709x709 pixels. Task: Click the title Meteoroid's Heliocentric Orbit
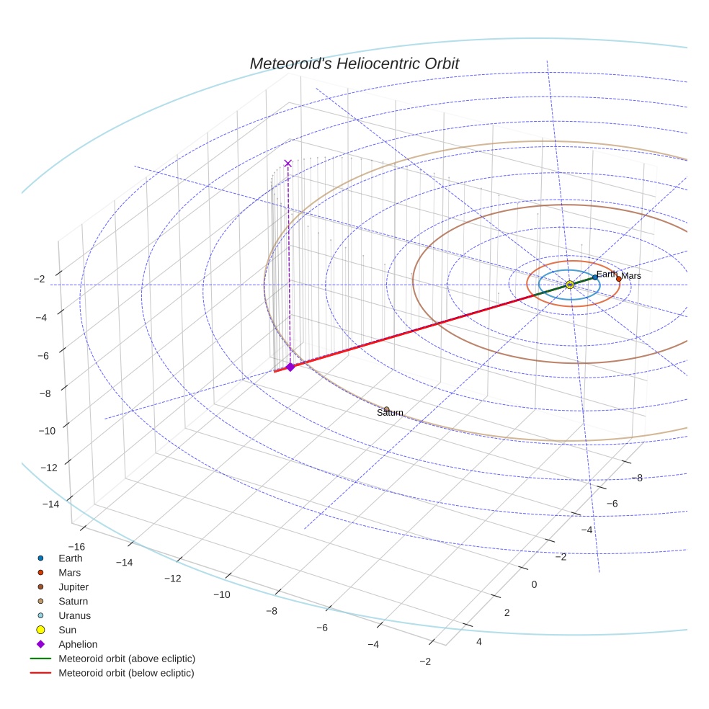354,63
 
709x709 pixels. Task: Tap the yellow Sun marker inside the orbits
569,285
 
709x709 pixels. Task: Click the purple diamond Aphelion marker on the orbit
290,367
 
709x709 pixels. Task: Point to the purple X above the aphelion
288,164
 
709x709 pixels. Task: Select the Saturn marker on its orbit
387,409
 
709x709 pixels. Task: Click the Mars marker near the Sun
618,279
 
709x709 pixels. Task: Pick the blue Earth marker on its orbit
594,277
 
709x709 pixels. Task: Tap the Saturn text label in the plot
390,413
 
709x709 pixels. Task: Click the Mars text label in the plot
631,276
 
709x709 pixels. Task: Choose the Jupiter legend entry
73,587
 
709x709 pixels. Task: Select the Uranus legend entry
74,615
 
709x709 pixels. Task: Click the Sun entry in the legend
68,630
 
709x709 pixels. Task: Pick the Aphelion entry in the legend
78,644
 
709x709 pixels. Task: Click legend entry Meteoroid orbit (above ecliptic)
127,659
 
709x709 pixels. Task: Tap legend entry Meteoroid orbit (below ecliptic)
126,673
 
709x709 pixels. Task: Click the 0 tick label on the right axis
534,584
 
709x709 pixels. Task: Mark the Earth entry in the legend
71,558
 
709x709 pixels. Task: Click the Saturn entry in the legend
73,601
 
